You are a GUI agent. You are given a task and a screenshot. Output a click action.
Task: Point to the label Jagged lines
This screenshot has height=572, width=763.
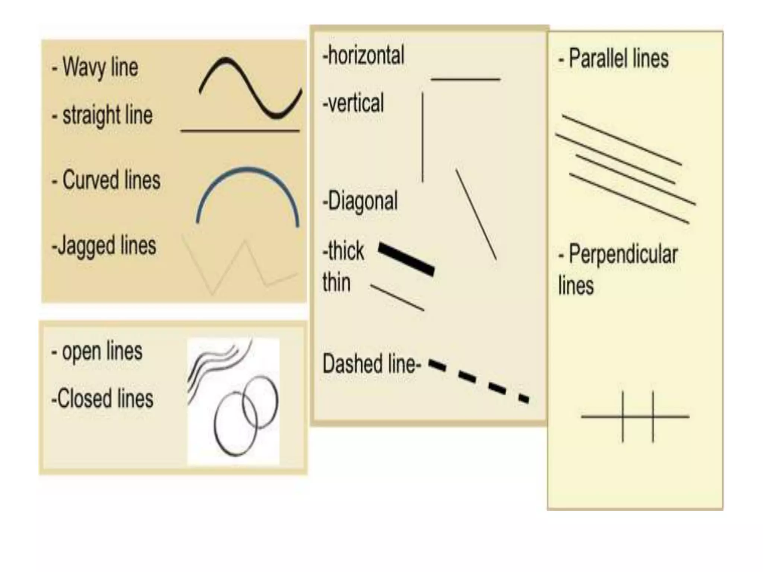click(104, 246)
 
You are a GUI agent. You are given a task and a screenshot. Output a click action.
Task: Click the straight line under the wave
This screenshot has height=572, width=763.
click(240, 131)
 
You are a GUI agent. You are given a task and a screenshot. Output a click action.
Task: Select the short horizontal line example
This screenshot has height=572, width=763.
click(465, 79)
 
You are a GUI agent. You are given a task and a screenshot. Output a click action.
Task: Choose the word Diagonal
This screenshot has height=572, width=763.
click(360, 201)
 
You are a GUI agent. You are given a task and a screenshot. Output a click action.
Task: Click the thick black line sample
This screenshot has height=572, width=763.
click(406, 259)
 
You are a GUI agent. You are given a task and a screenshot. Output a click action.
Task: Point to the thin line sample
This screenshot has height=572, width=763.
click(397, 298)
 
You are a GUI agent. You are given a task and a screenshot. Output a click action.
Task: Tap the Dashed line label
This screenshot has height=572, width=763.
click(371, 364)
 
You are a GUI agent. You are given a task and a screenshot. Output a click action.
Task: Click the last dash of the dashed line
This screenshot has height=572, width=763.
click(524, 399)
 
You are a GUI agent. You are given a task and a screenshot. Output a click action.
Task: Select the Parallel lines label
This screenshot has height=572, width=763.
click(614, 59)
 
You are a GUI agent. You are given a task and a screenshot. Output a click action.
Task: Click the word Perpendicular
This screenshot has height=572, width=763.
click(623, 255)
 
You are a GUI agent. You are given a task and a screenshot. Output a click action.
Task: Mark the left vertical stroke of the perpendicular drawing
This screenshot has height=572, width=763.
click(623, 416)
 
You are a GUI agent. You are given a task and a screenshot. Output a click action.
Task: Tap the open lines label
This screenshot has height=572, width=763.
click(97, 352)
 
